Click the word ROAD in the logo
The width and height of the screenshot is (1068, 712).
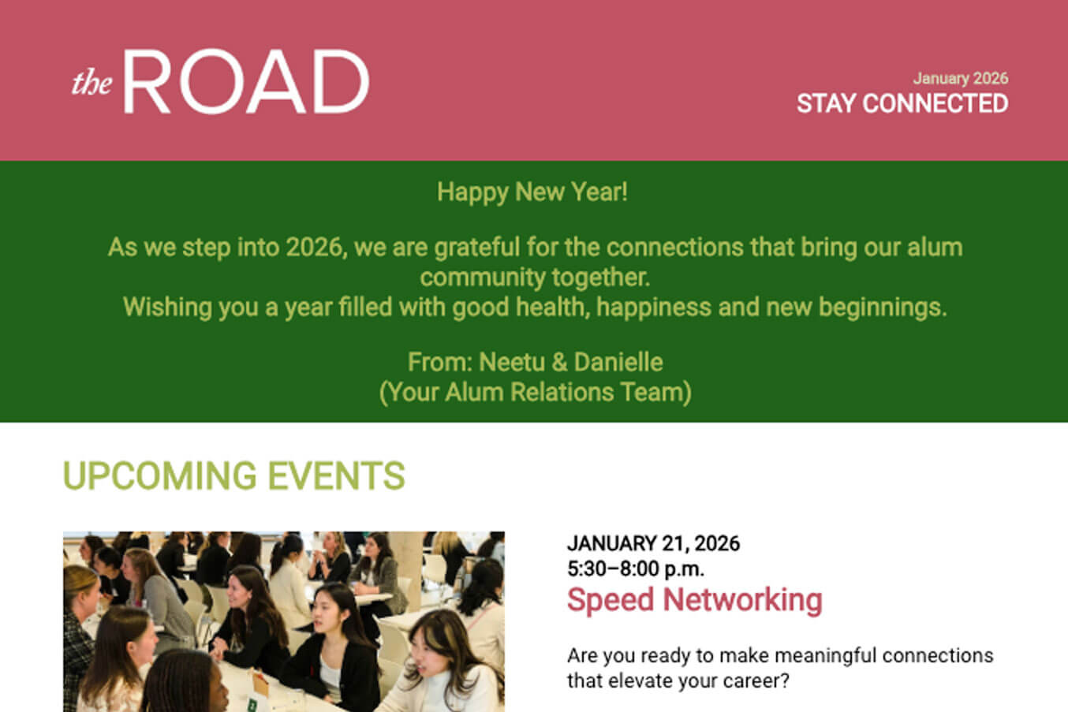(x=246, y=81)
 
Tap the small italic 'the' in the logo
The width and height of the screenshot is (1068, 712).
(x=92, y=83)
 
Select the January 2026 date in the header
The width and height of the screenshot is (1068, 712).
(x=960, y=78)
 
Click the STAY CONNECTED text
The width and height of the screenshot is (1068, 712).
(x=902, y=103)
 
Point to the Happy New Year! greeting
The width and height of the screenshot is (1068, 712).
(x=532, y=192)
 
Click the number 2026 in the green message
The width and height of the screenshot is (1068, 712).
(x=316, y=248)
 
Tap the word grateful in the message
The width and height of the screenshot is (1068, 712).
(x=476, y=248)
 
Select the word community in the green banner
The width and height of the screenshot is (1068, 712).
(x=482, y=278)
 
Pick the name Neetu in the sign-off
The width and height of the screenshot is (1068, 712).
(x=512, y=362)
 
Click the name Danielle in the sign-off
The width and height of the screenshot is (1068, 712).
(x=618, y=362)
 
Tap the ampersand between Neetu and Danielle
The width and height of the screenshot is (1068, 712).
(x=559, y=363)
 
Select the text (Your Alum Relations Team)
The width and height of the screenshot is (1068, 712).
(x=535, y=393)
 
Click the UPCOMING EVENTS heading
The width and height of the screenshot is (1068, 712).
(x=233, y=475)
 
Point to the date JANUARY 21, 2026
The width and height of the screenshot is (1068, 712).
(x=653, y=543)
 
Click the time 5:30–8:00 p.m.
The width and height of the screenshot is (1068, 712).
(x=636, y=568)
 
